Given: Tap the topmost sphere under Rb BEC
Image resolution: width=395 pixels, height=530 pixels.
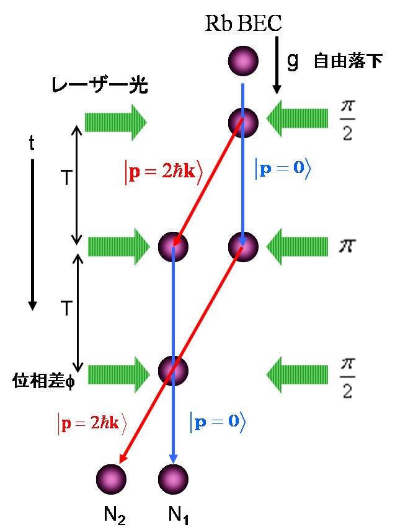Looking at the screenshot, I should click(242, 60).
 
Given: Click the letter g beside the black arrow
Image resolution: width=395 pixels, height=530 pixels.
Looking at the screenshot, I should click(293, 60).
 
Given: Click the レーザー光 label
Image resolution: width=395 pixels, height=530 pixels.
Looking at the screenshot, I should click(100, 86).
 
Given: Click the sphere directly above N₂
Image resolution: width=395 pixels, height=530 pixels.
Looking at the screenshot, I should click(112, 478).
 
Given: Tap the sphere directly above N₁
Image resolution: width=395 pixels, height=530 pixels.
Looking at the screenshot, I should click(172, 478).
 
